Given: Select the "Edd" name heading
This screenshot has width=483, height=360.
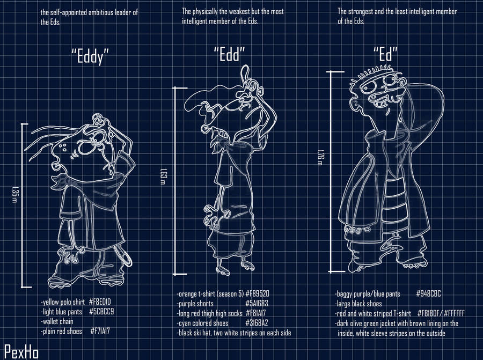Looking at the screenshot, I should click(x=229, y=53).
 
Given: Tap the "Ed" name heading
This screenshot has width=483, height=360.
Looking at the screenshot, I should click(x=385, y=54).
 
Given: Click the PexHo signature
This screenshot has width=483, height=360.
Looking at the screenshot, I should click(x=17, y=349).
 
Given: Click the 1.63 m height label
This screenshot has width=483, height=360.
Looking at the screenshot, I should click(x=163, y=175).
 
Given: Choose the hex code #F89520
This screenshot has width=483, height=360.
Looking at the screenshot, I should click(x=260, y=294).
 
